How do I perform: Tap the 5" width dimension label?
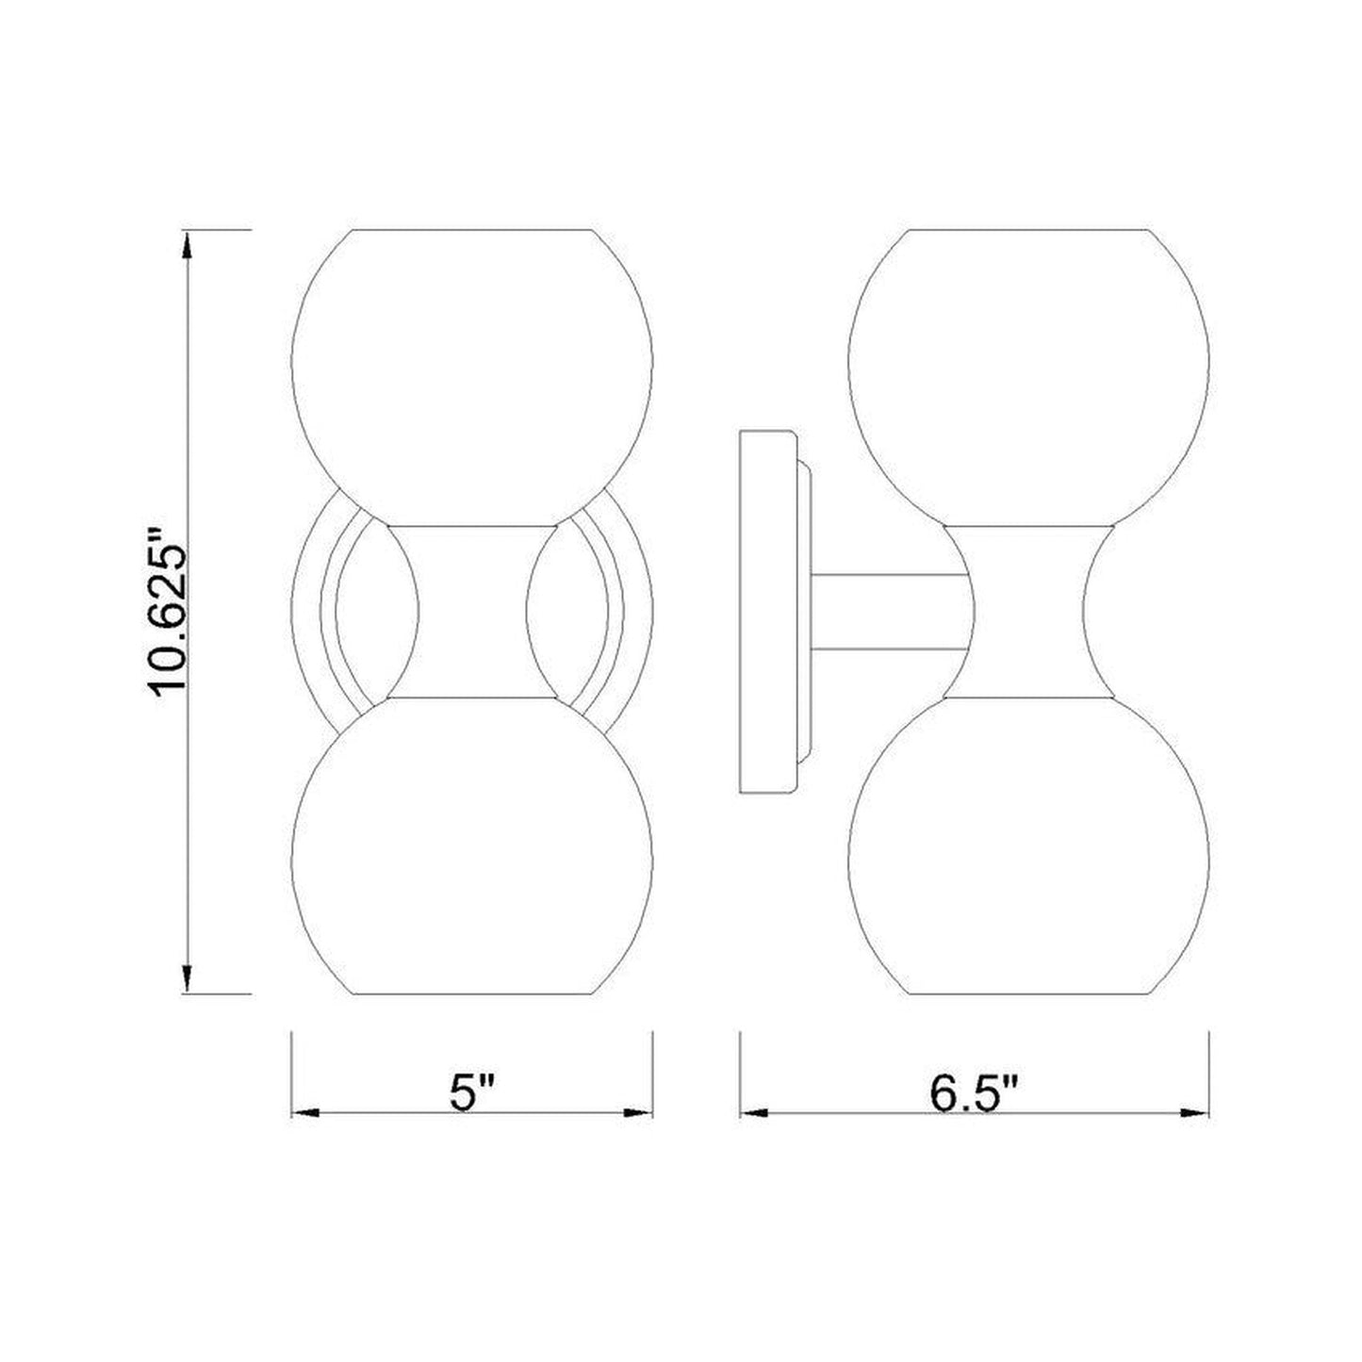[472, 1094]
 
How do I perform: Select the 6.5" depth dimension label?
[975, 1094]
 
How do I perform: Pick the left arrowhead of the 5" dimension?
[305, 1113]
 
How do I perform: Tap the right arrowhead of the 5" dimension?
[639, 1113]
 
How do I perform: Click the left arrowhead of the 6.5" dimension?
[754, 1113]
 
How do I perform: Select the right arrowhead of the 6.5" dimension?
[1195, 1113]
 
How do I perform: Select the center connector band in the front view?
[472, 611]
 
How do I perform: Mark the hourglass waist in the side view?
[1028, 611]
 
